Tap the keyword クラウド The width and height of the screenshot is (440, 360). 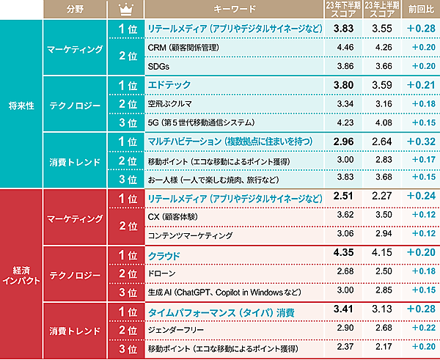[x=164, y=255]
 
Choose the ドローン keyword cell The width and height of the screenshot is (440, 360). [x=161, y=273]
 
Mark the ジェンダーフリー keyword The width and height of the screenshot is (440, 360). [x=175, y=330]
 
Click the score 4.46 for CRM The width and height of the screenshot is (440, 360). [x=345, y=47]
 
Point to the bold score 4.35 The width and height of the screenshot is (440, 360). [x=345, y=254]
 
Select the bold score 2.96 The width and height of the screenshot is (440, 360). [x=345, y=140]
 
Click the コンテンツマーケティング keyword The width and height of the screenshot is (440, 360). [x=190, y=235]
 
